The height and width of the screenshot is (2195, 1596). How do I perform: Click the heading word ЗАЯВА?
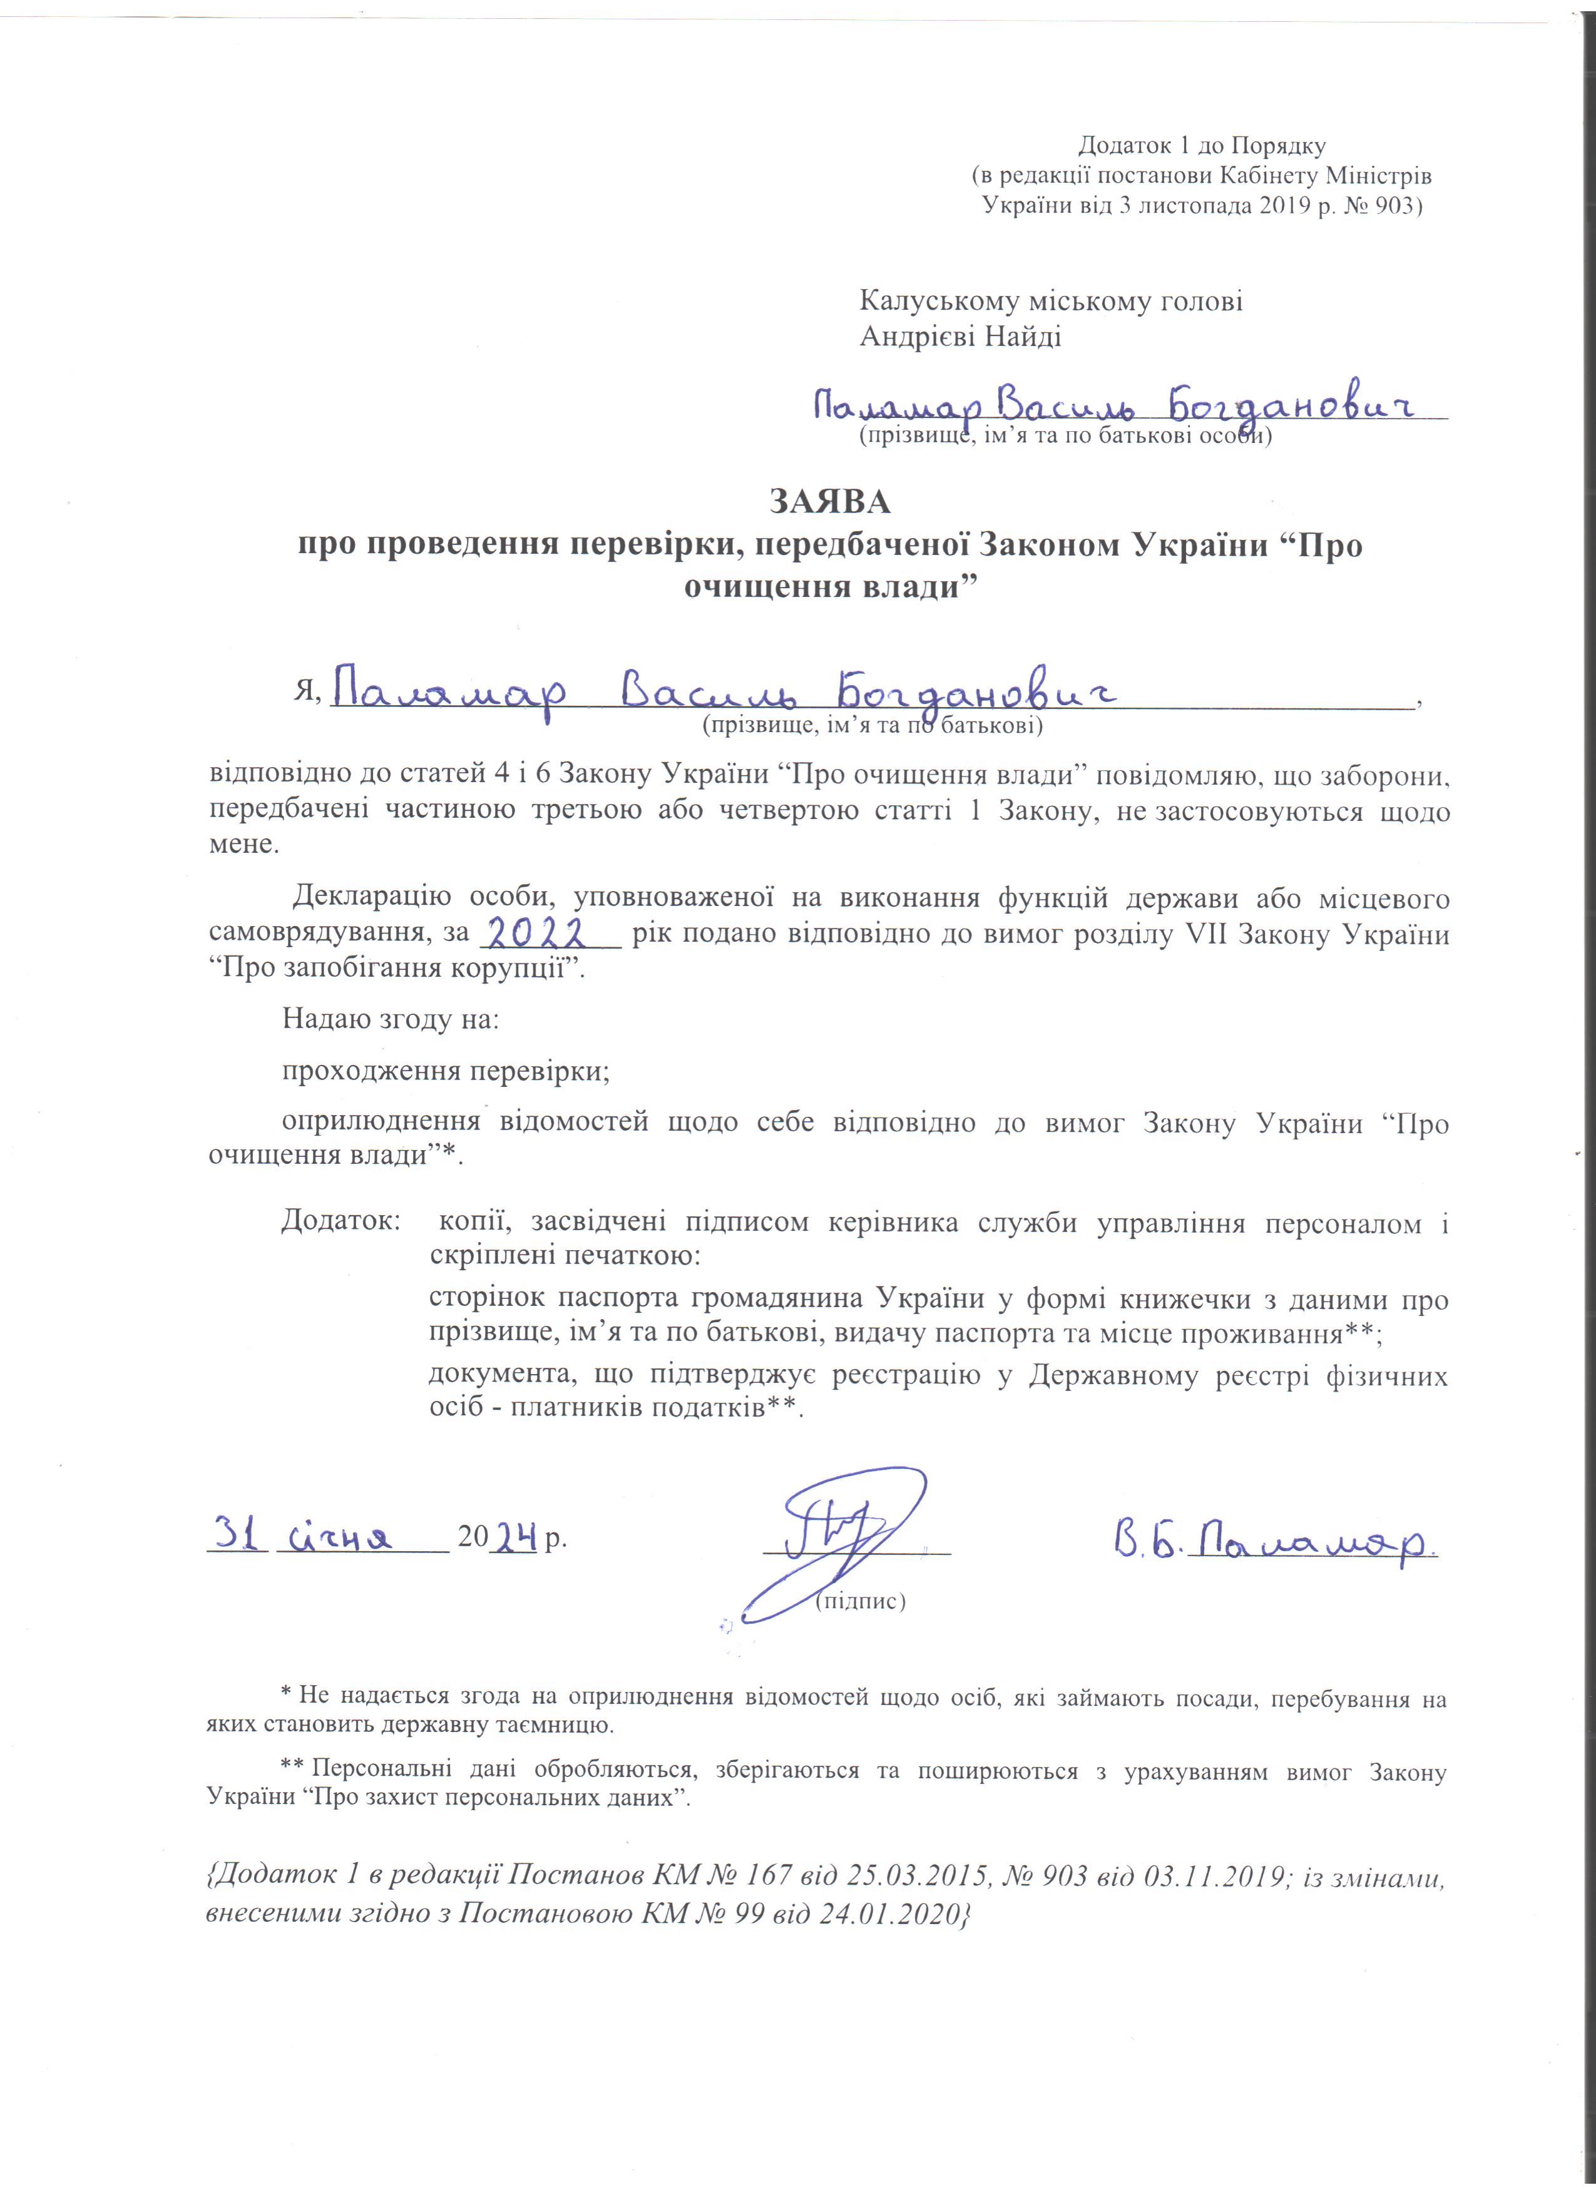(829, 501)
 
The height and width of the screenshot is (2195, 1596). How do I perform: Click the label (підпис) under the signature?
(859, 1601)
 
